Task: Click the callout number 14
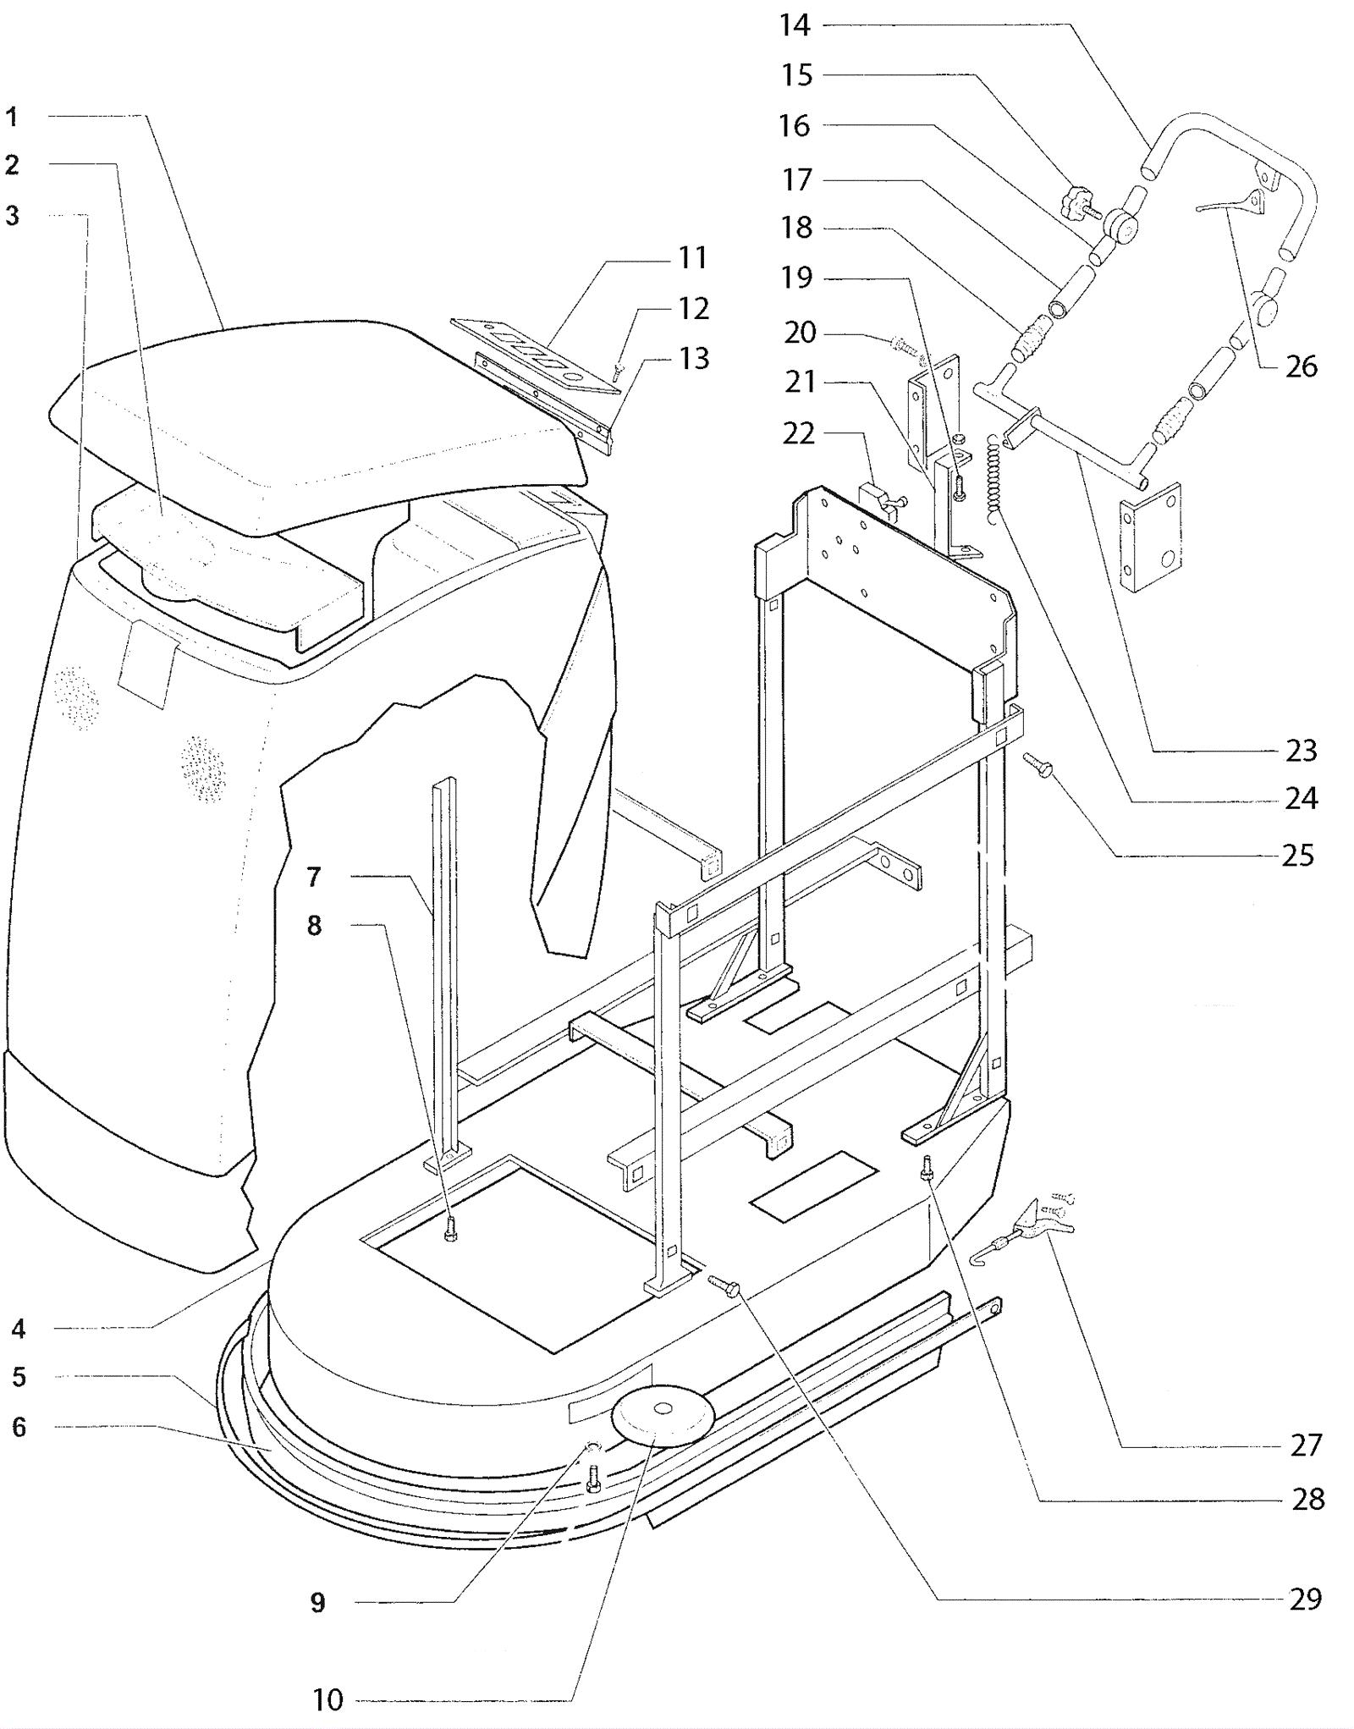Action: [x=795, y=25]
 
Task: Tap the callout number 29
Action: [x=1305, y=1598]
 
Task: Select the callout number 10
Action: [x=327, y=1699]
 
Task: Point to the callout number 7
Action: [x=314, y=876]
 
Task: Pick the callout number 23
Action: [x=1302, y=750]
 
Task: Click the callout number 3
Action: [x=12, y=216]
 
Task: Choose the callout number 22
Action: [x=798, y=433]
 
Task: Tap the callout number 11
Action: [x=692, y=257]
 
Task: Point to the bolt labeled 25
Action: [x=1038, y=765]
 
